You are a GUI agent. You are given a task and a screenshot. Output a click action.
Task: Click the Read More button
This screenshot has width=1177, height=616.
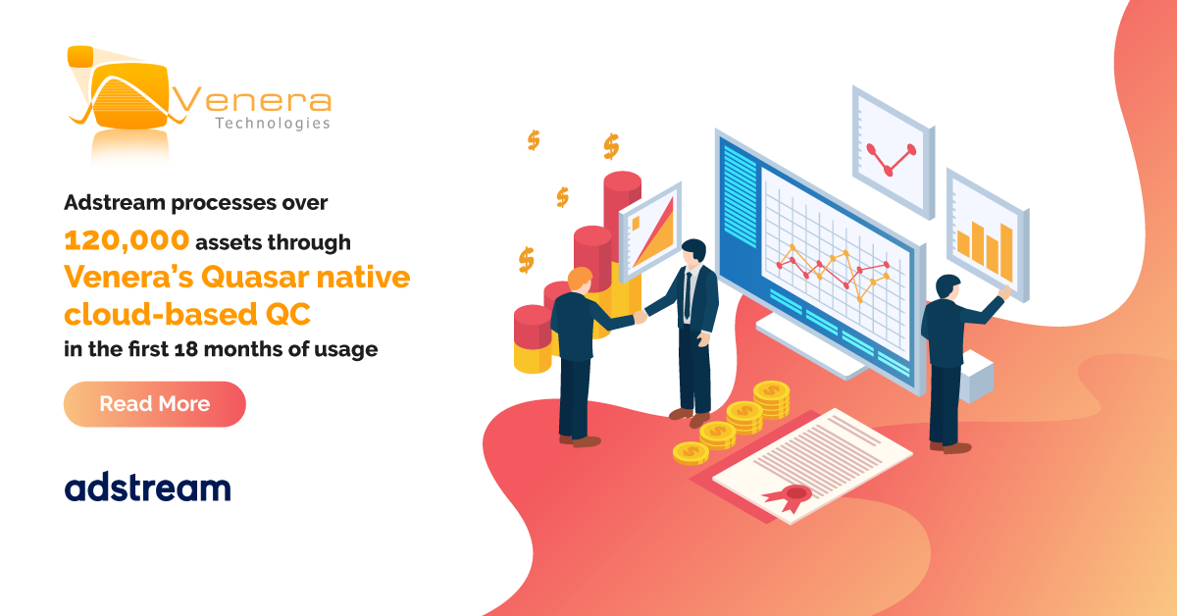[x=155, y=404]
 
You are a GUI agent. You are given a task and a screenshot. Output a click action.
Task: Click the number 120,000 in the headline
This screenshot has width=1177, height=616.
[x=127, y=240]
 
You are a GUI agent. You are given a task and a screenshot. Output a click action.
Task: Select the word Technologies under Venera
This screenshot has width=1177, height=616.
[x=273, y=123]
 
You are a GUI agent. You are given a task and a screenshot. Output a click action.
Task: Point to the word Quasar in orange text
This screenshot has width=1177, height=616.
[x=255, y=277]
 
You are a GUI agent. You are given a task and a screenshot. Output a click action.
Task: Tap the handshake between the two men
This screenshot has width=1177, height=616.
[x=640, y=316]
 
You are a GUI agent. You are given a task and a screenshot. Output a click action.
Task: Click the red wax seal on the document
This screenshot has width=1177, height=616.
[x=791, y=496]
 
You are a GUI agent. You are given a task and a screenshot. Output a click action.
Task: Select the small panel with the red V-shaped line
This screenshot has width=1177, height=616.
[x=893, y=152]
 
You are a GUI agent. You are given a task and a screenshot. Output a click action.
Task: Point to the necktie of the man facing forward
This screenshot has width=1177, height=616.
[x=688, y=295]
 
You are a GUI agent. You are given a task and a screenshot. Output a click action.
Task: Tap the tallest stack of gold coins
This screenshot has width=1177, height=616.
[x=771, y=398]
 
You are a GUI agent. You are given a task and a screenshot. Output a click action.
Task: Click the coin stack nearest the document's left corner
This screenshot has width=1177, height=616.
[x=691, y=453]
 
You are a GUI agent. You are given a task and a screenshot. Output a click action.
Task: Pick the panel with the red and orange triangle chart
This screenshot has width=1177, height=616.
[x=650, y=231]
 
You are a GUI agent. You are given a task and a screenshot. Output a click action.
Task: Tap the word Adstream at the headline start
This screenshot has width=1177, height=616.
[x=115, y=202]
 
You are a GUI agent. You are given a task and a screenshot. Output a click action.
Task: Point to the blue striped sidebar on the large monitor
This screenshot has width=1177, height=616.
[x=741, y=195]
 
